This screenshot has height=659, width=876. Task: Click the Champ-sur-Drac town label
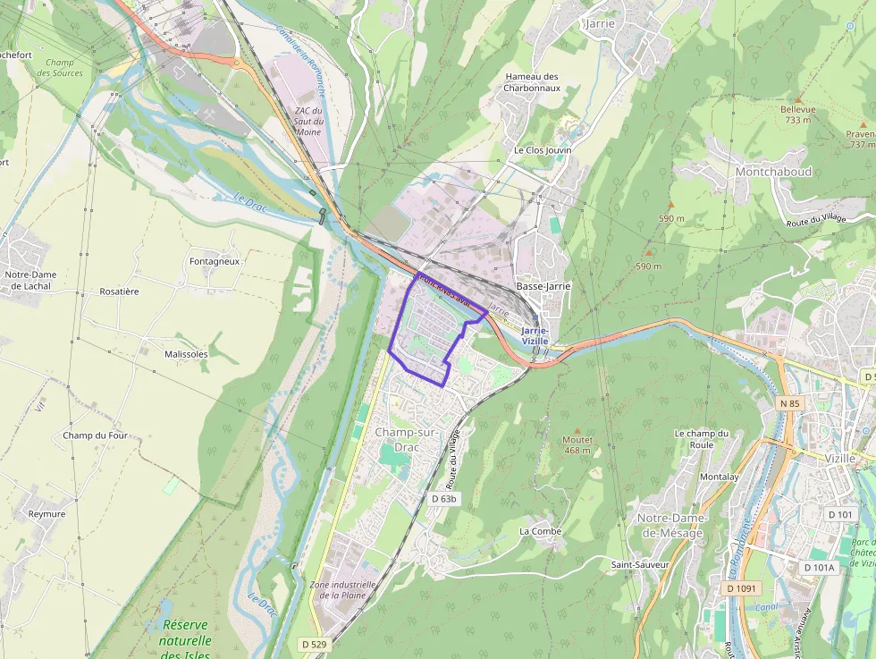click(x=406, y=439)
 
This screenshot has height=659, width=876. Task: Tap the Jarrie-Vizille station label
click(x=535, y=335)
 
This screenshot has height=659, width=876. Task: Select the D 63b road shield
click(x=443, y=498)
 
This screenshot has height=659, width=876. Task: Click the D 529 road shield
click(x=314, y=644)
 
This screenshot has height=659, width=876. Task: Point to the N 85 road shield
click(x=789, y=404)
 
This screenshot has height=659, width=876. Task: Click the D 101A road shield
click(x=819, y=567)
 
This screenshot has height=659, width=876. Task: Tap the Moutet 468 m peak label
click(x=577, y=444)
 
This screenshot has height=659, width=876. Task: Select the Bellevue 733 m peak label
click(x=798, y=114)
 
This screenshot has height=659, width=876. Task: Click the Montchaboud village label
click(x=773, y=171)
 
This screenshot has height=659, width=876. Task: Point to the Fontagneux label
click(x=215, y=261)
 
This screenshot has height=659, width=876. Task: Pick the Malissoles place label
click(x=186, y=354)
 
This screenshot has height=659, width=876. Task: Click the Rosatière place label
click(x=119, y=291)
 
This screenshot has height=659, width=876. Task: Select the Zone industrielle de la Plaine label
click(x=342, y=589)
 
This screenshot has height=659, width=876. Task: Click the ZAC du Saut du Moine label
click(x=307, y=121)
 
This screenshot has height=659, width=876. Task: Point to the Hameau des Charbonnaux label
click(x=532, y=82)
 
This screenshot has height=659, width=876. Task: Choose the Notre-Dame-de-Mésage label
click(x=671, y=526)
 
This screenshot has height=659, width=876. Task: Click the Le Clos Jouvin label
click(x=542, y=150)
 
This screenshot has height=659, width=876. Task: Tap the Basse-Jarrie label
click(x=543, y=286)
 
